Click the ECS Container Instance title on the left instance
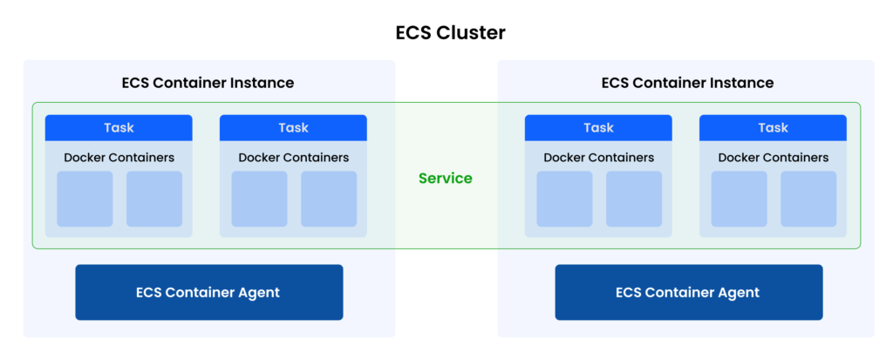(208, 83)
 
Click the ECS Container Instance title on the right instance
(687, 83)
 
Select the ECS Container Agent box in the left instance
(208, 292)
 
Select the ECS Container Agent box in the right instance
(688, 292)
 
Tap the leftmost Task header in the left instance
(119, 128)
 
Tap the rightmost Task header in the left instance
(293, 128)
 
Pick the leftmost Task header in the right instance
(598, 128)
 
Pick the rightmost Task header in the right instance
(773, 128)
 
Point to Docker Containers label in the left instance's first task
(119, 158)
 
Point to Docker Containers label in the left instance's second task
(293, 158)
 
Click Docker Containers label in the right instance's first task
(598, 158)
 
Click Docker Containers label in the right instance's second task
(773, 158)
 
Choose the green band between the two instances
(446, 175)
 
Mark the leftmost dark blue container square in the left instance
(85, 199)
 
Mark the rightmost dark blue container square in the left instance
(329, 199)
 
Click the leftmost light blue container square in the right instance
(564, 199)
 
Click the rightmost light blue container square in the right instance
(808, 199)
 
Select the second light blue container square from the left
(634, 199)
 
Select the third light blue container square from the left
(739, 199)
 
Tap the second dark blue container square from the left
(154, 199)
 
